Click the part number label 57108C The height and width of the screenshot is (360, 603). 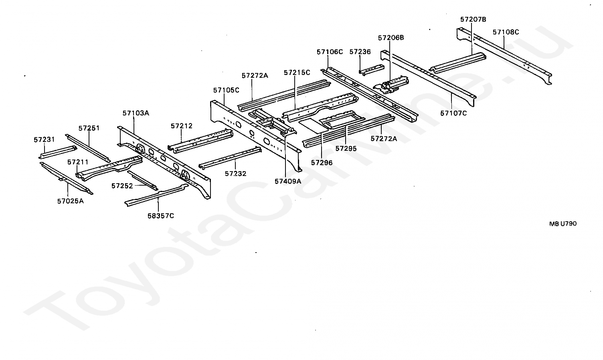coord(506,32)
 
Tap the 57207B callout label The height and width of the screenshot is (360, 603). coord(473,19)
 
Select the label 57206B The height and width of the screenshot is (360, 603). coord(391,38)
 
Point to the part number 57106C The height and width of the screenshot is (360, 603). coord(330,52)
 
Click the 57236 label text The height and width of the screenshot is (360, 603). coord(360,52)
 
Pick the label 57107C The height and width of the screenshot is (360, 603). coord(453,113)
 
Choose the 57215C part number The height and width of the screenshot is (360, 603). coord(297,73)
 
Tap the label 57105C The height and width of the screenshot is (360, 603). coord(226,90)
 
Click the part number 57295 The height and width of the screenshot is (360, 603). coord(346,148)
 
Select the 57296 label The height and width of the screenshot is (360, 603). coord(322,163)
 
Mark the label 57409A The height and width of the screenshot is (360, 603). coord(288,181)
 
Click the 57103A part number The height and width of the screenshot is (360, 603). coord(136,113)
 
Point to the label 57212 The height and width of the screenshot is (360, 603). coord(182,126)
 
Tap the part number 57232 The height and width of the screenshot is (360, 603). coord(235,174)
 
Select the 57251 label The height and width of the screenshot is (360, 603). coord(89,128)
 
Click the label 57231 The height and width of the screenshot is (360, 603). coord(44,140)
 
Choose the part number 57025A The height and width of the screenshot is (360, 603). coord(70,201)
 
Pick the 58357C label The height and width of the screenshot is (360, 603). coord(160,216)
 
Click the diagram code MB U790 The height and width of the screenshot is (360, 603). coord(563,224)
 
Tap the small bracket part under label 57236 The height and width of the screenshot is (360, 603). coord(372,69)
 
